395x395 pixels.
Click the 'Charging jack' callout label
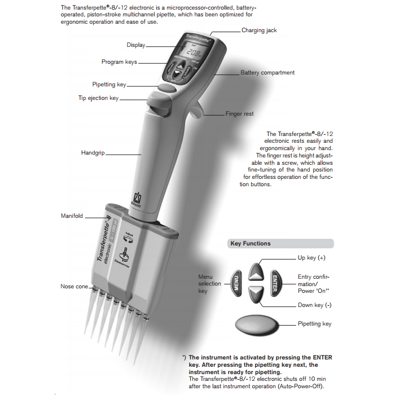click(259, 30)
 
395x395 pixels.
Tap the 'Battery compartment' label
click(267, 73)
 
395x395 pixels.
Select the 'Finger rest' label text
click(239, 114)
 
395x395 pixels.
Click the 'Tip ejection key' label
click(98, 98)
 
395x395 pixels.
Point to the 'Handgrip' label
click(93, 153)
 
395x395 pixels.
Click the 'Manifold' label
click(72, 216)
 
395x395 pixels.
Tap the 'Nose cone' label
click(74, 287)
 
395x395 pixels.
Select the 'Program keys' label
click(119, 62)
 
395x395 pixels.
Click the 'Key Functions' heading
click(250, 244)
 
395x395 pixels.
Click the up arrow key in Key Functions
click(256, 271)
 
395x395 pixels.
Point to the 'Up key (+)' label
click(314, 258)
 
